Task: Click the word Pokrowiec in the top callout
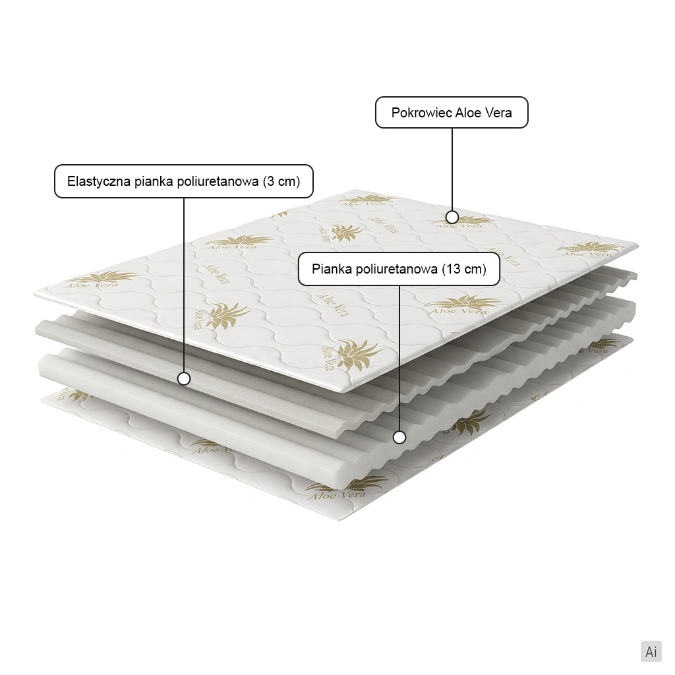click(x=421, y=113)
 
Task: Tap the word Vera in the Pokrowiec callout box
click(x=498, y=113)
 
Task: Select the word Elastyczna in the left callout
click(x=99, y=181)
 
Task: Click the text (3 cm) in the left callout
click(x=281, y=181)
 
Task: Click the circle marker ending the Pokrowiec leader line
click(x=452, y=216)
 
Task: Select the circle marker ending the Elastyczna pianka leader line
click(x=184, y=379)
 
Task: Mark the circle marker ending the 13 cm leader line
click(x=399, y=438)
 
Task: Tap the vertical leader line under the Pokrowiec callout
click(x=452, y=169)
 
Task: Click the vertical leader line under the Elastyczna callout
click(x=184, y=285)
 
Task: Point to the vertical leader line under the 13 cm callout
click(x=399, y=359)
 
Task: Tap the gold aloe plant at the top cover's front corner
click(x=358, y=354)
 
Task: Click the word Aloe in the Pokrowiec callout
click(x=469, y=113)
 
